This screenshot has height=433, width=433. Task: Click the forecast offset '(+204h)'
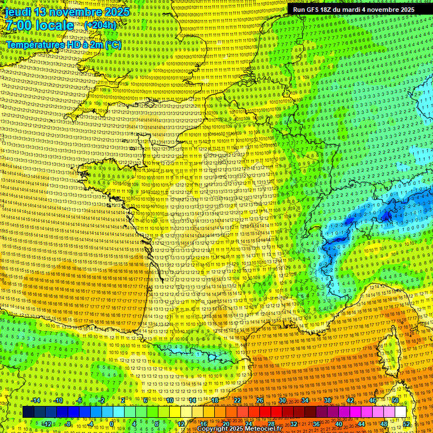pyautogui.click(x=100, y=25)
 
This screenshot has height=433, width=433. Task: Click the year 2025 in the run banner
pyautogui.click(x=405, y=10)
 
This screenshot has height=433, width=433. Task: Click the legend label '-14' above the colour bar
pyautogui.click(x=36, y=400)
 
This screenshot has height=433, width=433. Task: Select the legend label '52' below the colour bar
pyautogui.click(x=407, y=424)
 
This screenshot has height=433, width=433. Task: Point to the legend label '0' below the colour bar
pyautogui.click(x=112, y=424)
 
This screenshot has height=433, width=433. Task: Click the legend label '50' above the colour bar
pyautogui.click(x=395, y=400)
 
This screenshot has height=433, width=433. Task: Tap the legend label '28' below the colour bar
pyautogui.click(x=271, y=424)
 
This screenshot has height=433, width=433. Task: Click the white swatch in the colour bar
pyautogui.click(x=400, y=412)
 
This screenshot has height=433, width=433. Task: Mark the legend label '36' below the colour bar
pyautogui.click(x=316, y=424)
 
